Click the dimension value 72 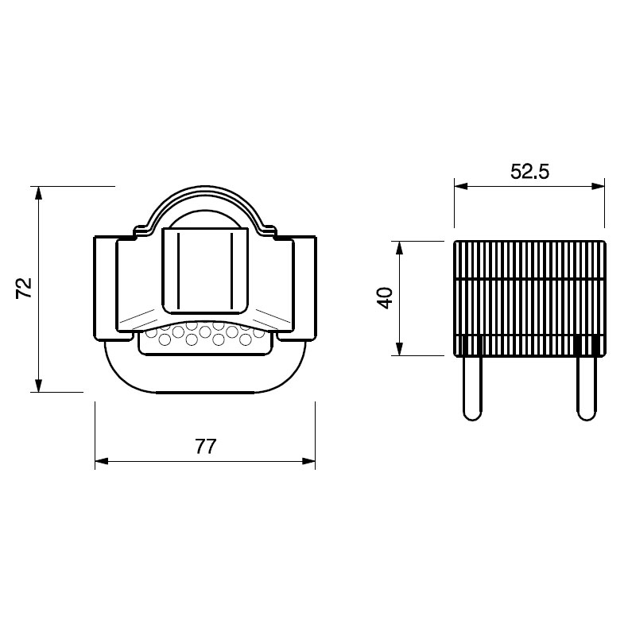pos(24,288)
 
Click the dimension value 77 pos(206,447)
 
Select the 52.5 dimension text pos(529,172)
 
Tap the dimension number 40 pos(386,297)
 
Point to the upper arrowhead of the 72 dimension pos(38,193)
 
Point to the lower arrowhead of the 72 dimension pos(38,386)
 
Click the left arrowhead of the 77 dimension pos(102,461)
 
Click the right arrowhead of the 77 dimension pos(308,461)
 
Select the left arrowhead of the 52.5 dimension pos(461,186)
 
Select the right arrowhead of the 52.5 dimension pos(598,186)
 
